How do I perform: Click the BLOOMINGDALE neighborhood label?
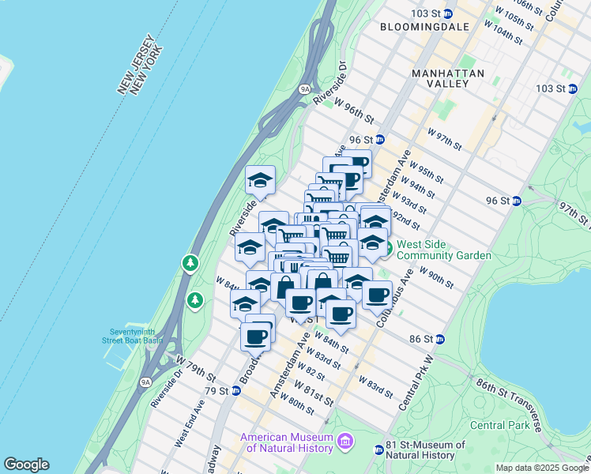click(424, 27)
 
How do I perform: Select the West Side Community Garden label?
click(443, 250)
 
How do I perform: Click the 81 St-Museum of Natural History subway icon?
click(379, 450)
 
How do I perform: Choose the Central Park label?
click(499, 425)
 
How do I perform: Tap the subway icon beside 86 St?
click(440, 339)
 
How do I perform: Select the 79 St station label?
click(216, 390)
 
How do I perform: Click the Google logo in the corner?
click(26, 465)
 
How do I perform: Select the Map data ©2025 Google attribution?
click(542, 468)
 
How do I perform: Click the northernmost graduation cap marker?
click(259, 182)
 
